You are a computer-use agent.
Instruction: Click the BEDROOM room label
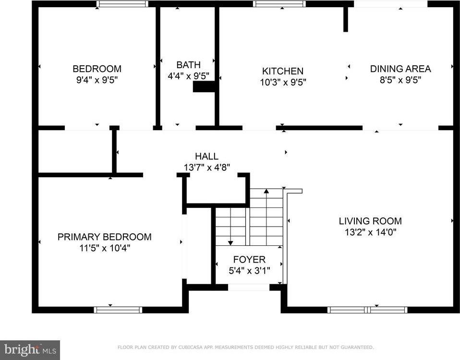[97, 69]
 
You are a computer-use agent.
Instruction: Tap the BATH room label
[188, 65]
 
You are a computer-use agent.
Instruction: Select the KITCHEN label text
[282, 71]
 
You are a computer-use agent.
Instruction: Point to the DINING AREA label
[400, 69]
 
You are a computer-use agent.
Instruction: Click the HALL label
[206, 156]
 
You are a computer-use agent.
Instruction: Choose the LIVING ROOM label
[370, 221]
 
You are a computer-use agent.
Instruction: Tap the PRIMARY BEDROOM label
[104, 237]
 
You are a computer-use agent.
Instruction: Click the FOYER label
[249, 260]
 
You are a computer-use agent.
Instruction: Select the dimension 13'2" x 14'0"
[370, 232]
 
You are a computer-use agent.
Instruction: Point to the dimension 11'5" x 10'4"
[104, 248]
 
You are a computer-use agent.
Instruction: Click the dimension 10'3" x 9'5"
[282, 82]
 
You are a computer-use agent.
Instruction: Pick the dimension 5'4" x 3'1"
[249, 270]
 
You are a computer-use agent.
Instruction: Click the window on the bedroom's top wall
[122, 4]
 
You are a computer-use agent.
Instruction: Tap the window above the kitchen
[279, 4]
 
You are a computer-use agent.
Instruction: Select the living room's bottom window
[367, 310]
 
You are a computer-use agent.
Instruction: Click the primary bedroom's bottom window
[118, 310]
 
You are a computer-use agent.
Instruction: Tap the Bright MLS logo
[30, 349]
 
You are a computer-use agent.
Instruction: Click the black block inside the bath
[204, 86]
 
